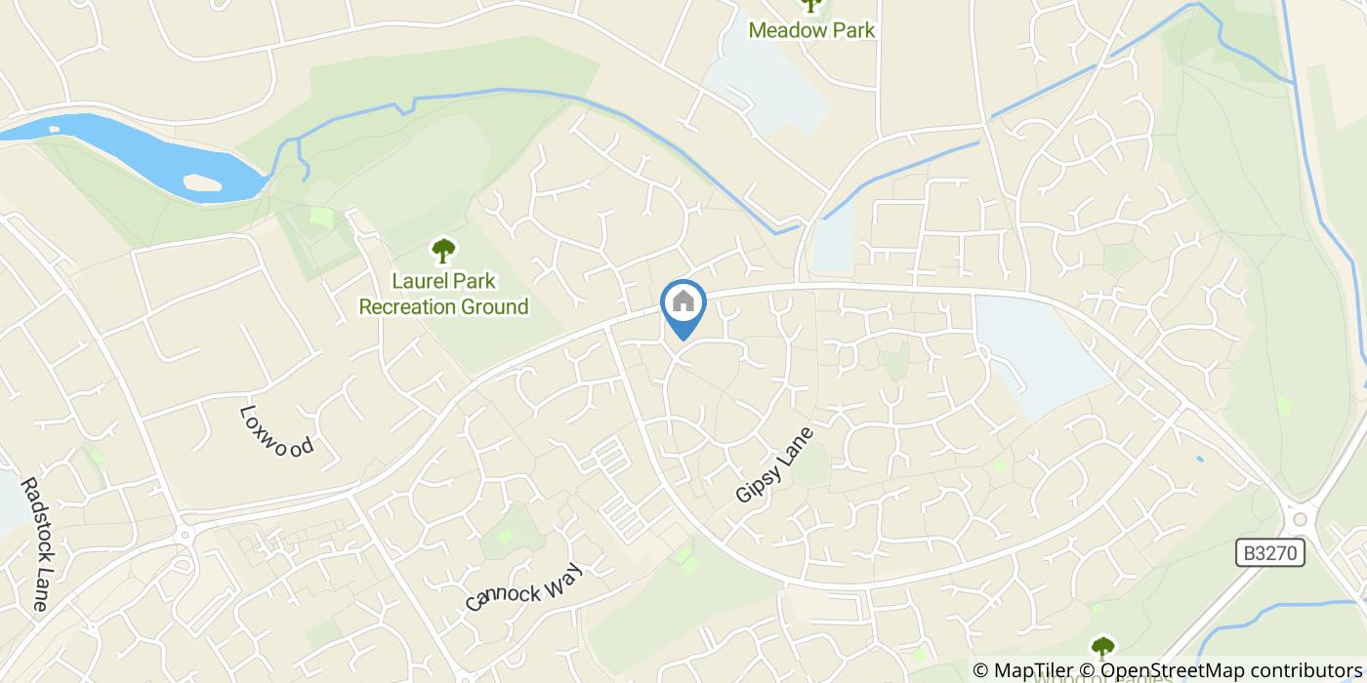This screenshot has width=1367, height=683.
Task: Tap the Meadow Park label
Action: click(811, 30)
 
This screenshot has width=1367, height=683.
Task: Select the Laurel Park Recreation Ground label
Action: click(443, 294)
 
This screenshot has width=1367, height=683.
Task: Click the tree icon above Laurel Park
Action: click(443, 251)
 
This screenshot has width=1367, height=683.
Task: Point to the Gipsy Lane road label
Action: click(774, 464)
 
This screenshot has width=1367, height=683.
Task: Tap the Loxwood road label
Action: click(277, 431)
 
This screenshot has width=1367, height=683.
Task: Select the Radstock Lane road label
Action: click(32, 543)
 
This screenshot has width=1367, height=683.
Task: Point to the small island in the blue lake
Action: click(201, 182)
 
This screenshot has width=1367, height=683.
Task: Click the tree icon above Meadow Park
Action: click(810, 5)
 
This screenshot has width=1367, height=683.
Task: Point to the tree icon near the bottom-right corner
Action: click(1102, 647)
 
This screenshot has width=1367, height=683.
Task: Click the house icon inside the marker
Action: click(683, 301)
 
